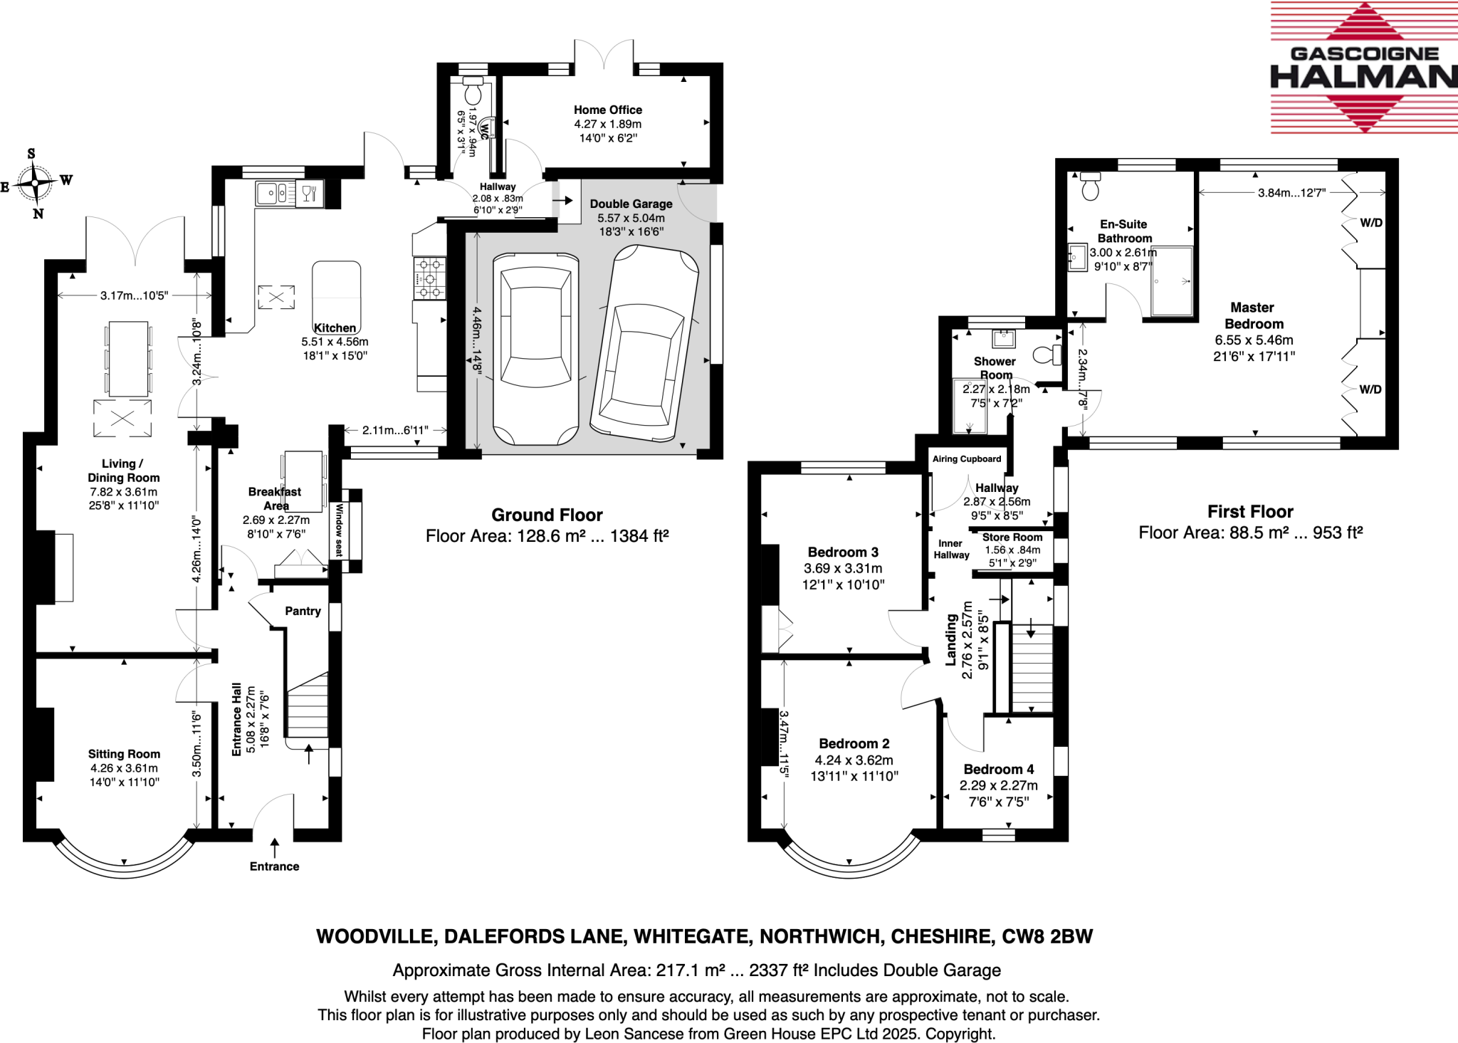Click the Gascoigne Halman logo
[1364, 68]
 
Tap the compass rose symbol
[35, 183]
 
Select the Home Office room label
[608, 110]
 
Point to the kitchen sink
[276, 192]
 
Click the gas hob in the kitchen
[429, 278]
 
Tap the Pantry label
[303, 611]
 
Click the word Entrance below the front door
[274, 866]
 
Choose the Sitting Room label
[124, 754]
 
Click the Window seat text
[340, 530]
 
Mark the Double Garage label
[631, 204]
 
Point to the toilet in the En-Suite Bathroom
[1089, 185]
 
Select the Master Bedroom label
[1253, 315]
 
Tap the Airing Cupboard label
[967, 459]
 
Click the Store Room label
[1012, 538]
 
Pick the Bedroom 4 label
[999, 769]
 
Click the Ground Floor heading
[547, 515]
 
